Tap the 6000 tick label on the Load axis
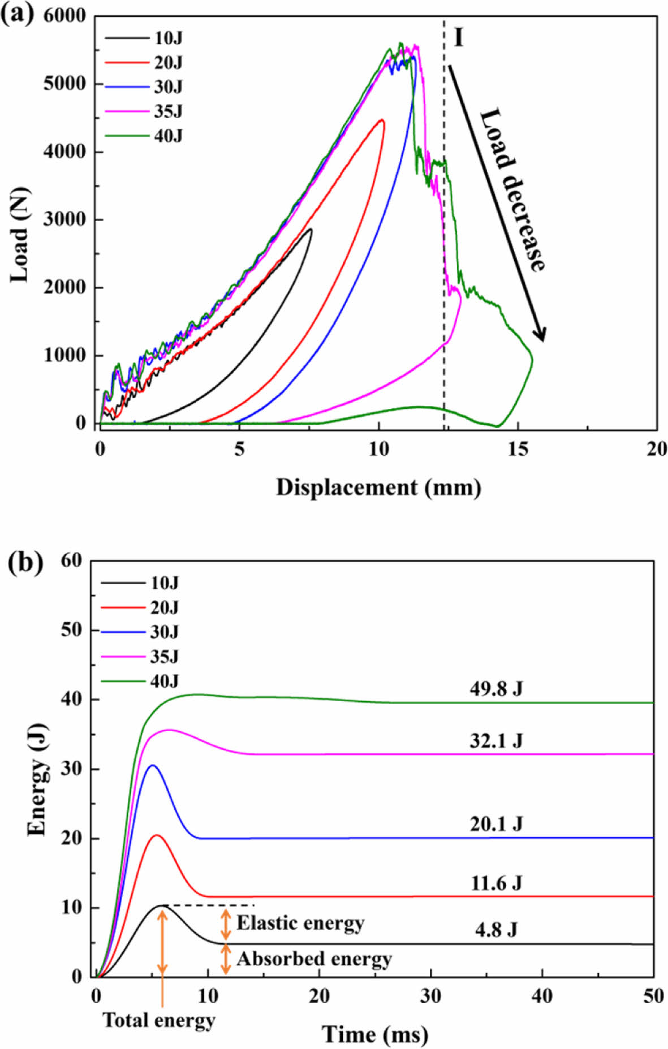tap(64, 16)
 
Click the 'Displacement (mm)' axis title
tap(378, 487)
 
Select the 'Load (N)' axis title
tap(20, 234)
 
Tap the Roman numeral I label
tap(458, 37)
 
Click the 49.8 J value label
tap(496, 688)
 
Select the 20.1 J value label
tap(496, 824)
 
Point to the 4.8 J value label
tap(496, 930)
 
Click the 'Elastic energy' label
tap(300, 923)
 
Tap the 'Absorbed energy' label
tap(314, 959)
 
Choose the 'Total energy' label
tap(159, 1020)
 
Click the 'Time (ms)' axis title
tap(375, 1034)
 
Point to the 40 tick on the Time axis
tap(542, 996)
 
